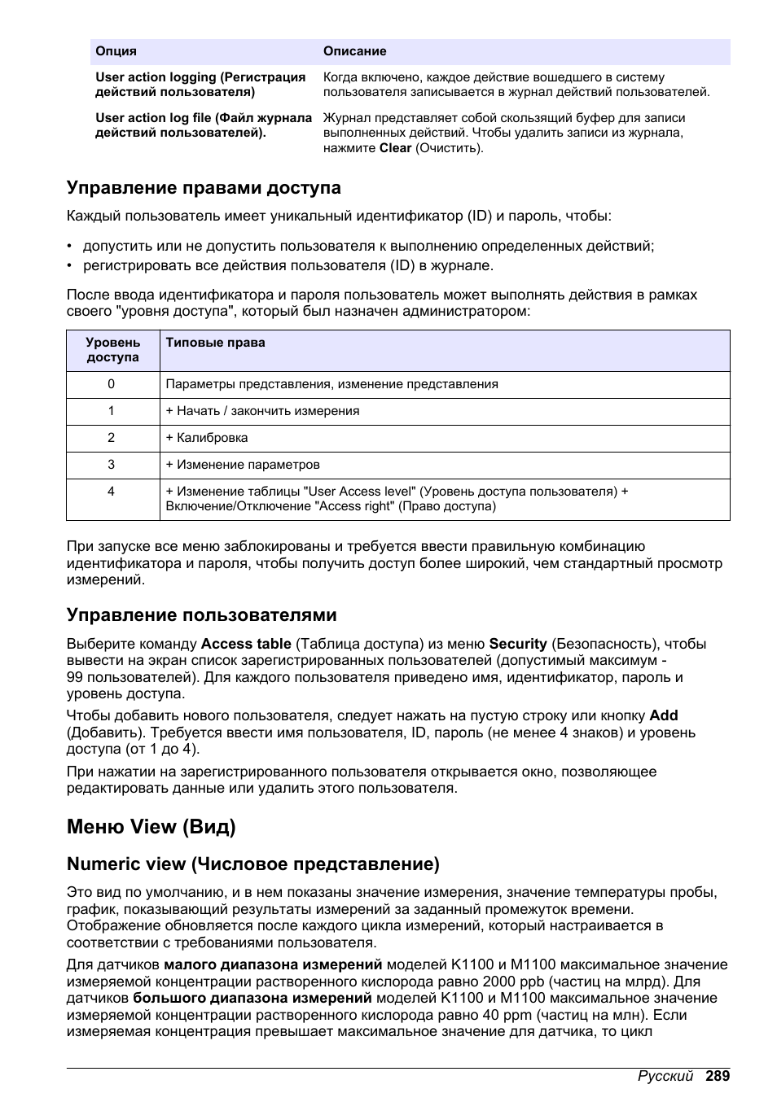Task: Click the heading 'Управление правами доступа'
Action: click(204, 188)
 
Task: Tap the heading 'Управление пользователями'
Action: click(201, 614)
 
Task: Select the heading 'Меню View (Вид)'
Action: click(151, 827)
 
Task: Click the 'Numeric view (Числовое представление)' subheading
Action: click(252, 864)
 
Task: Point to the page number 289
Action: click(718, 1076)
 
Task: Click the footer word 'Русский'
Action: click(665, 1076)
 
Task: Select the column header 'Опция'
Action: click(116, 51)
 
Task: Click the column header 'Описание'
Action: click(354, 51)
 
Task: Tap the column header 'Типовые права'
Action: click(215, 343)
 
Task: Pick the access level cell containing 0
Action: click(112, 384)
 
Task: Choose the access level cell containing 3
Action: click(112, 465)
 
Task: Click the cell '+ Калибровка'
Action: click(207, 438)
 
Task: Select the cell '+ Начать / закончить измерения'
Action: click(262, 411)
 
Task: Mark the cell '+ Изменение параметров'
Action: click(243, 465)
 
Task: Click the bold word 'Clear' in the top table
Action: click(395, 148)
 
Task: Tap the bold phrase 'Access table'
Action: click(245, 644)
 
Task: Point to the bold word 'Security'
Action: click(517, 644)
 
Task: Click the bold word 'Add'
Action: click(663, 715)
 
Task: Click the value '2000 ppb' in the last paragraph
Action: click(513, 982)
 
